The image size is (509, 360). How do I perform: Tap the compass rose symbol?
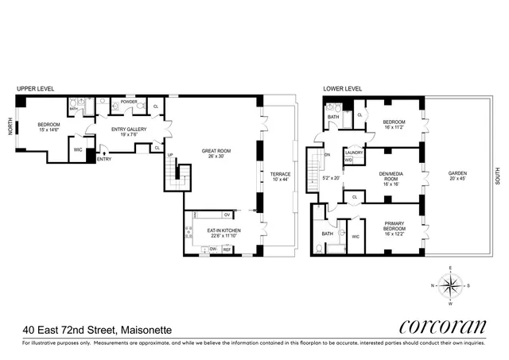point(450,285)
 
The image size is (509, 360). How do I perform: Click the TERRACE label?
point(280,176)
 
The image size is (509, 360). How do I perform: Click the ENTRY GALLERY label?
point(130,132)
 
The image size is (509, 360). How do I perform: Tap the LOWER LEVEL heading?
point(343,89)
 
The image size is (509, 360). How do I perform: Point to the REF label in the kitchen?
point(226,250)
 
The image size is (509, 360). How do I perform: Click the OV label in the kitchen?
point(227,215)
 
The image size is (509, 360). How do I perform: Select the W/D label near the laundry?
point(348,160)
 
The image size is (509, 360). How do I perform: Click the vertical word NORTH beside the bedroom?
point(11,128)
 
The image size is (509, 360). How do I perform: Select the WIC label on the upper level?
point(78,149)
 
